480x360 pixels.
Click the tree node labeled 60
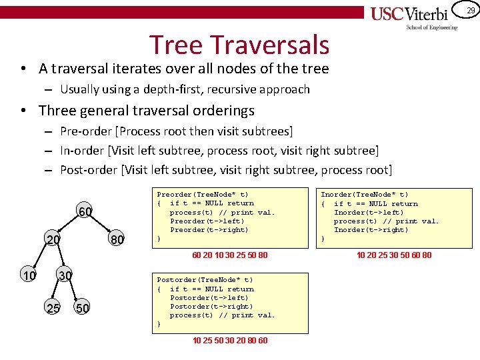[x=85, y=212]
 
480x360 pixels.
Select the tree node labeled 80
[x=117, y=239]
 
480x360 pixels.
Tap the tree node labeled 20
[x=53, y=239]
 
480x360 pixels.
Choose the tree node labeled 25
[x=52, y=307]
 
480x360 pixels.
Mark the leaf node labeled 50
[x=83, y=307]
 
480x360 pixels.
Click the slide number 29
[x=471, y=10]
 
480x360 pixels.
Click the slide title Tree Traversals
[x=239, y=45]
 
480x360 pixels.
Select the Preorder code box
[x=230, y=216]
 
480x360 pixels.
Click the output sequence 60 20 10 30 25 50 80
[x=230, y=255]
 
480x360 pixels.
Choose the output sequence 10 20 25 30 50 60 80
[x=393, y=255]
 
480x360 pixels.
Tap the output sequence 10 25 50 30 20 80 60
[x=230, y=341]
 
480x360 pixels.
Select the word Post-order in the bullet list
[x=88, y=169]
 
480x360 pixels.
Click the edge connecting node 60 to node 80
[x=102, y=226]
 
